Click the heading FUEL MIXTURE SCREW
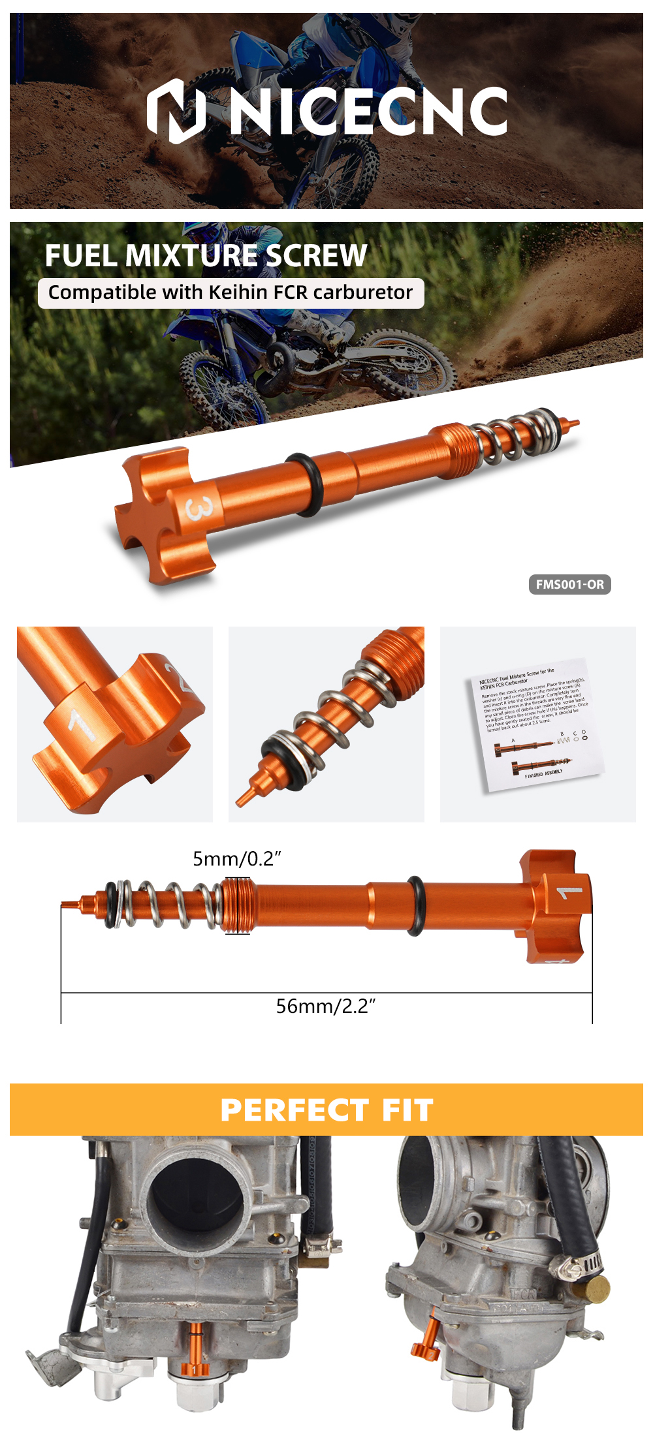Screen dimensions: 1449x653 (x=206, y=255)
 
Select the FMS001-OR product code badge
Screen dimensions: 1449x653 (x=569, y=584)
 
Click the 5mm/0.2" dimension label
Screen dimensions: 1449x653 (x=236, y=859)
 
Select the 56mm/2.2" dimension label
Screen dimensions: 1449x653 (x=325, y=1006)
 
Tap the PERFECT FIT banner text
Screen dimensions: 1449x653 (x=326, y=1110)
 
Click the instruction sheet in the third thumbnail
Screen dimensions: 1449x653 (x=537, y=724)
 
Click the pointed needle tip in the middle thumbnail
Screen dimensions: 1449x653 (x=244, y=799)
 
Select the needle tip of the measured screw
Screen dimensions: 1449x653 (x=69, y=905)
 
